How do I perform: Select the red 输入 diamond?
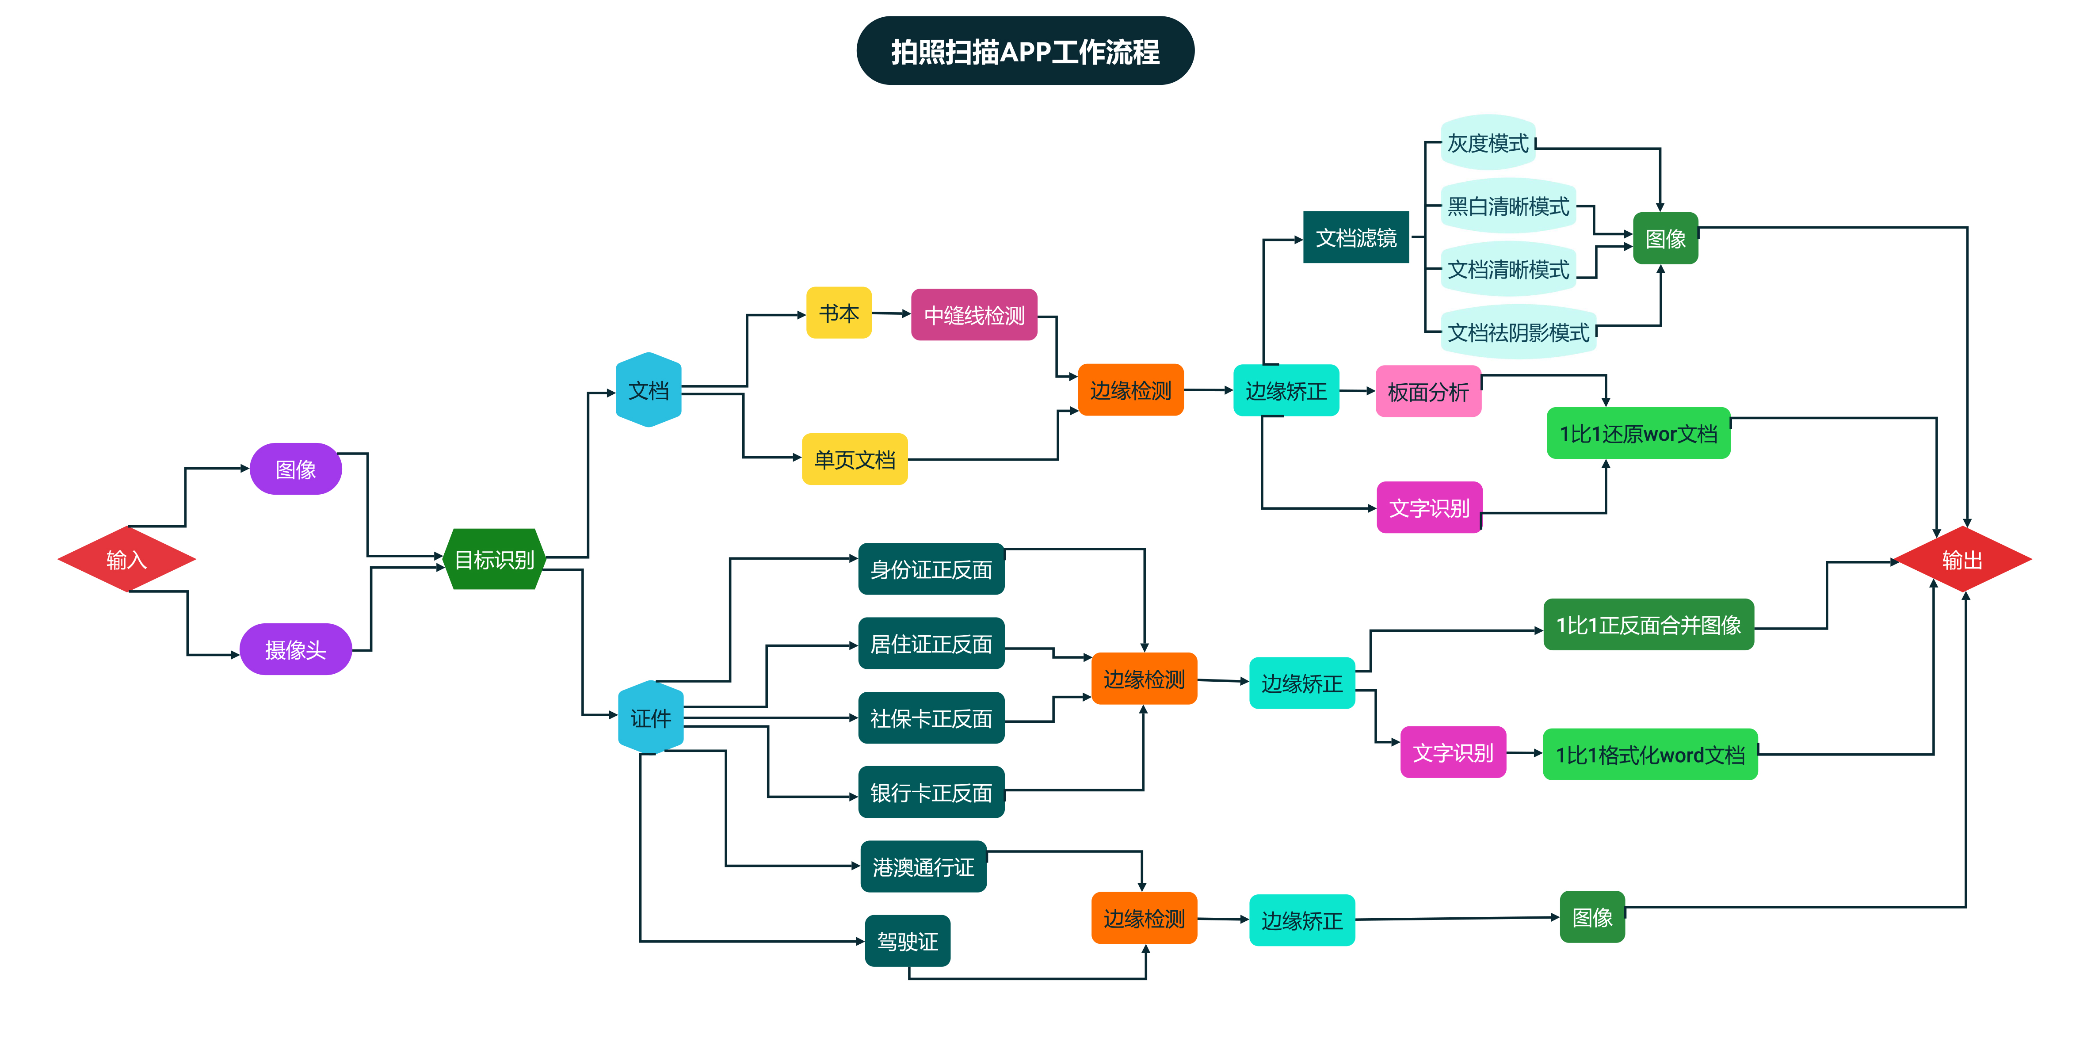(126, 559)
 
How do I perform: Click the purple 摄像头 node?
(295, 649)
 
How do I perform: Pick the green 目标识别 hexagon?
(494, 559)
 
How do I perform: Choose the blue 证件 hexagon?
(650, 717)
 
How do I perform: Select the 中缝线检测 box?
(974, 315)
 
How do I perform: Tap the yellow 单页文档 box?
(855, 459)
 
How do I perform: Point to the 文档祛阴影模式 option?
(1518, 332)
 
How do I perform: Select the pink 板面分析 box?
(1428, 391)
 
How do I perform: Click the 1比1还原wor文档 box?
(1638, 433)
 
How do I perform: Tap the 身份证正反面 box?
(931, 569)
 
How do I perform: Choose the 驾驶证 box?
(908, 941)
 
